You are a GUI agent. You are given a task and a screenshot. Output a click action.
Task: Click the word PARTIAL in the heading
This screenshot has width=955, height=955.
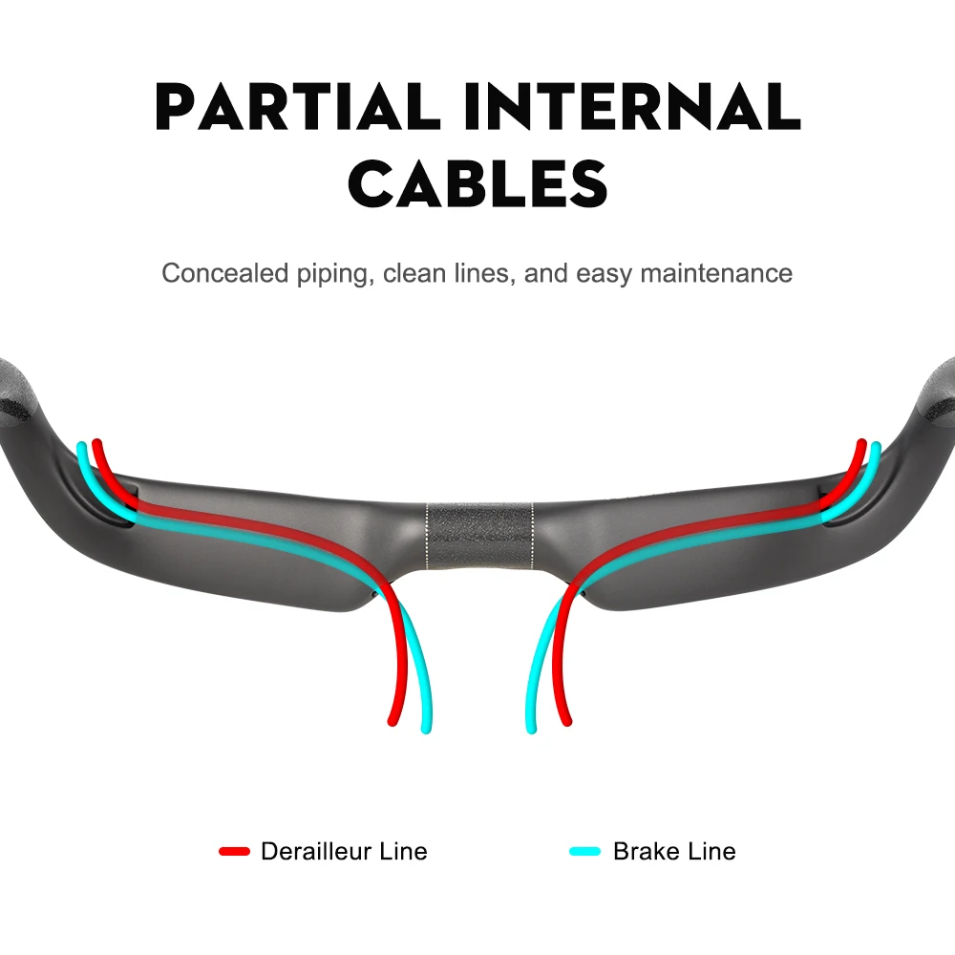(298, 107)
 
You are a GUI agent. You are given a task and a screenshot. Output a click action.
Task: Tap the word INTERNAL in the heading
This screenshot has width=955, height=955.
(631, 107)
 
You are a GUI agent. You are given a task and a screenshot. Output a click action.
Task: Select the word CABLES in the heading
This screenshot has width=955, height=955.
(478, 183)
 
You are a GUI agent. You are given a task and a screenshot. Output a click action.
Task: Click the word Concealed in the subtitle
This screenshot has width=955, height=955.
(224, 273)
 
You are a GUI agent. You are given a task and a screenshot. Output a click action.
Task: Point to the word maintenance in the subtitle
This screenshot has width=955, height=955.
(716, 273)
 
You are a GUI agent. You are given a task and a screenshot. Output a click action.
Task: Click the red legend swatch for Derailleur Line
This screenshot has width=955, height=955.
(235, 852)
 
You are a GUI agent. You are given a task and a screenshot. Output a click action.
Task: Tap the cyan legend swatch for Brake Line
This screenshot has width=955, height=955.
(585, 852)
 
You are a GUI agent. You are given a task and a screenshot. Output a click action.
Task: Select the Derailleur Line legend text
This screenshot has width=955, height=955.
(344, 852)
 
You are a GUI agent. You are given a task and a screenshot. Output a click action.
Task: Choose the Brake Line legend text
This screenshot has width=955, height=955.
(675, 852)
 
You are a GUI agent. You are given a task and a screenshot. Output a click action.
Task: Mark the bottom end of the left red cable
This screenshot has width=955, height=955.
(393, 721)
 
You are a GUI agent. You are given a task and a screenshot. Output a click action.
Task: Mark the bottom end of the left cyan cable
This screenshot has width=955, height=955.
(426, 729)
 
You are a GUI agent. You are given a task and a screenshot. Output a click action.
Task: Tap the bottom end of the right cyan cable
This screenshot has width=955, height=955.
(531, 729)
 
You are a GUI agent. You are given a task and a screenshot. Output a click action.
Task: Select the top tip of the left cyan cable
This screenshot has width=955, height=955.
(81, 446)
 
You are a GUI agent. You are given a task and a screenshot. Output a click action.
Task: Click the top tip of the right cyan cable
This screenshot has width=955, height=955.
(876, 446)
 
